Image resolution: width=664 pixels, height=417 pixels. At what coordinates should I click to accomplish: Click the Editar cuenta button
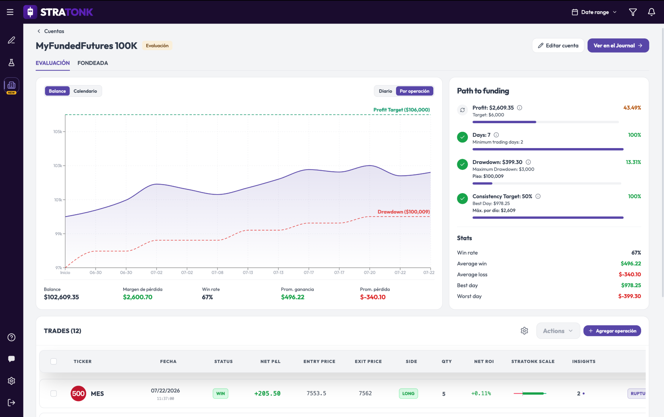point(558,46)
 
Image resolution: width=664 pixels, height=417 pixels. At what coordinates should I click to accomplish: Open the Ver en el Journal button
point(618,46)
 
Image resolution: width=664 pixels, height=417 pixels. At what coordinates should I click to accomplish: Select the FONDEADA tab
point(93,63)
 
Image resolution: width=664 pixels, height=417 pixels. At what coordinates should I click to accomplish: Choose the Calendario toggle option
point(85,91)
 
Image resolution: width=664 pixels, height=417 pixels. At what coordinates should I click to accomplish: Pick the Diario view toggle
point(385,91)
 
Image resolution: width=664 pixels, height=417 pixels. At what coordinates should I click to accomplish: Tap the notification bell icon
point(651,12)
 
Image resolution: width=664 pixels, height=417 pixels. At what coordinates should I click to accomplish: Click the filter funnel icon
point(633,12)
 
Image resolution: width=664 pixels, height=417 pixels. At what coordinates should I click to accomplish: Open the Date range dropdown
point(594,12)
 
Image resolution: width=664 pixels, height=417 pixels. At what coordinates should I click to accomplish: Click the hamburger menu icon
point(10,12)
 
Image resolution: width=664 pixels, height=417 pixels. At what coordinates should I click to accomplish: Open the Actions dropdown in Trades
point(558,331)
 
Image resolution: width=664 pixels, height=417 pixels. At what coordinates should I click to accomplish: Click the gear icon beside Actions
point(524,331)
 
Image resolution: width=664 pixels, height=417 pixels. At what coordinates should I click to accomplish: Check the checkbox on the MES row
point(54,393)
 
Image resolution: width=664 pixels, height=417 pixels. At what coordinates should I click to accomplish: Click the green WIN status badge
point(220,393)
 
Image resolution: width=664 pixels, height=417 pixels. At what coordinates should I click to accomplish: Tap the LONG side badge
point(408,393)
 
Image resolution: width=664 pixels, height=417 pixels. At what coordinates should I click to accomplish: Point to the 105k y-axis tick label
point(57,132)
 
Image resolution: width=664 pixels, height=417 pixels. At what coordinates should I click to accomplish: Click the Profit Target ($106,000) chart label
point(402,110)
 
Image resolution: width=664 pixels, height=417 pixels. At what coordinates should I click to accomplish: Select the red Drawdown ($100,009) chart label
point(404,212)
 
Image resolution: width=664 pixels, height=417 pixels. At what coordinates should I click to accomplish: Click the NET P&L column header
point(270,361)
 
